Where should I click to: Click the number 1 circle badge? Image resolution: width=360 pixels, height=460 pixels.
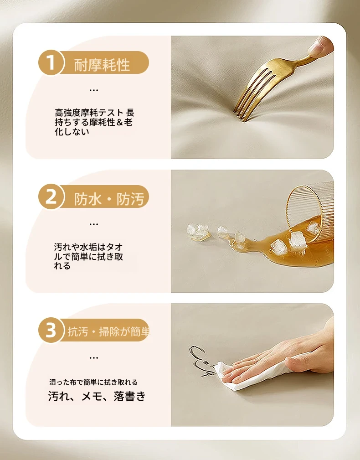pyautogui.click(x=51, y=62)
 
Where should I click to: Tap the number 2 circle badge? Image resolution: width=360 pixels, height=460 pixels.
pyautogui.click(x=51, y=196)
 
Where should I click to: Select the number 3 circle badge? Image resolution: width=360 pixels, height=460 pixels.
pyautogui.click(x=51, y=331)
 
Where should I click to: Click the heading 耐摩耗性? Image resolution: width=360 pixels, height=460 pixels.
pyautogui.click(x=102, y=65)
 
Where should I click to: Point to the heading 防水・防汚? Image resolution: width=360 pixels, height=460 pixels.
pyautogui.click(x=109, y=199)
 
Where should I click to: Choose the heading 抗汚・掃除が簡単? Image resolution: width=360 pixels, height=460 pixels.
pyautogui.click(x=108, y=331)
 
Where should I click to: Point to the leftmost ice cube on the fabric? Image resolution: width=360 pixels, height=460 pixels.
pyautogui.click(x=197, y=231)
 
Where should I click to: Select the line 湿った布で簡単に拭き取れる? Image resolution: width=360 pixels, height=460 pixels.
pyautogui.click(x=93, y=382)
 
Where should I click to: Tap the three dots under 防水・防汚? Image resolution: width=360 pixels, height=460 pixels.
pyautogui.click(x=93, y=224)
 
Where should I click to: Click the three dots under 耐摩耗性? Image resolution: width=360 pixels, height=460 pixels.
pyautogui.click(x=93, y=90)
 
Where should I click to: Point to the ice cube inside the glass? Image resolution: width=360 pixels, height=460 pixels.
pyautogui.click(x=313, y=227)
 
